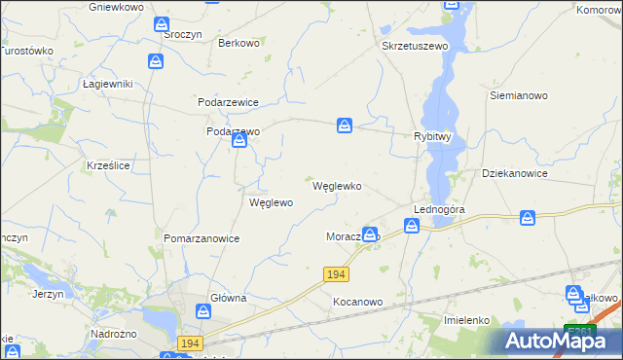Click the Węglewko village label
[x=337, y=186]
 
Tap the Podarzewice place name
[x=228, y=102]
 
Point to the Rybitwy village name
[x=432, y=137]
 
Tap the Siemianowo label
[x=519, y=96]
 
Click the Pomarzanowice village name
[x=202, y=237]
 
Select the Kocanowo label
[x=357, y=302]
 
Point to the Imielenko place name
[x=464, y=320]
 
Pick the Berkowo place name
[x=238, y=43]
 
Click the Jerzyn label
[x=48, y=293]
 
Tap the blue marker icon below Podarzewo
[x=239, y=143]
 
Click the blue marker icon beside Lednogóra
[x=413, y=227]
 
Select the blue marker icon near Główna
[x=203, y=311]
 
